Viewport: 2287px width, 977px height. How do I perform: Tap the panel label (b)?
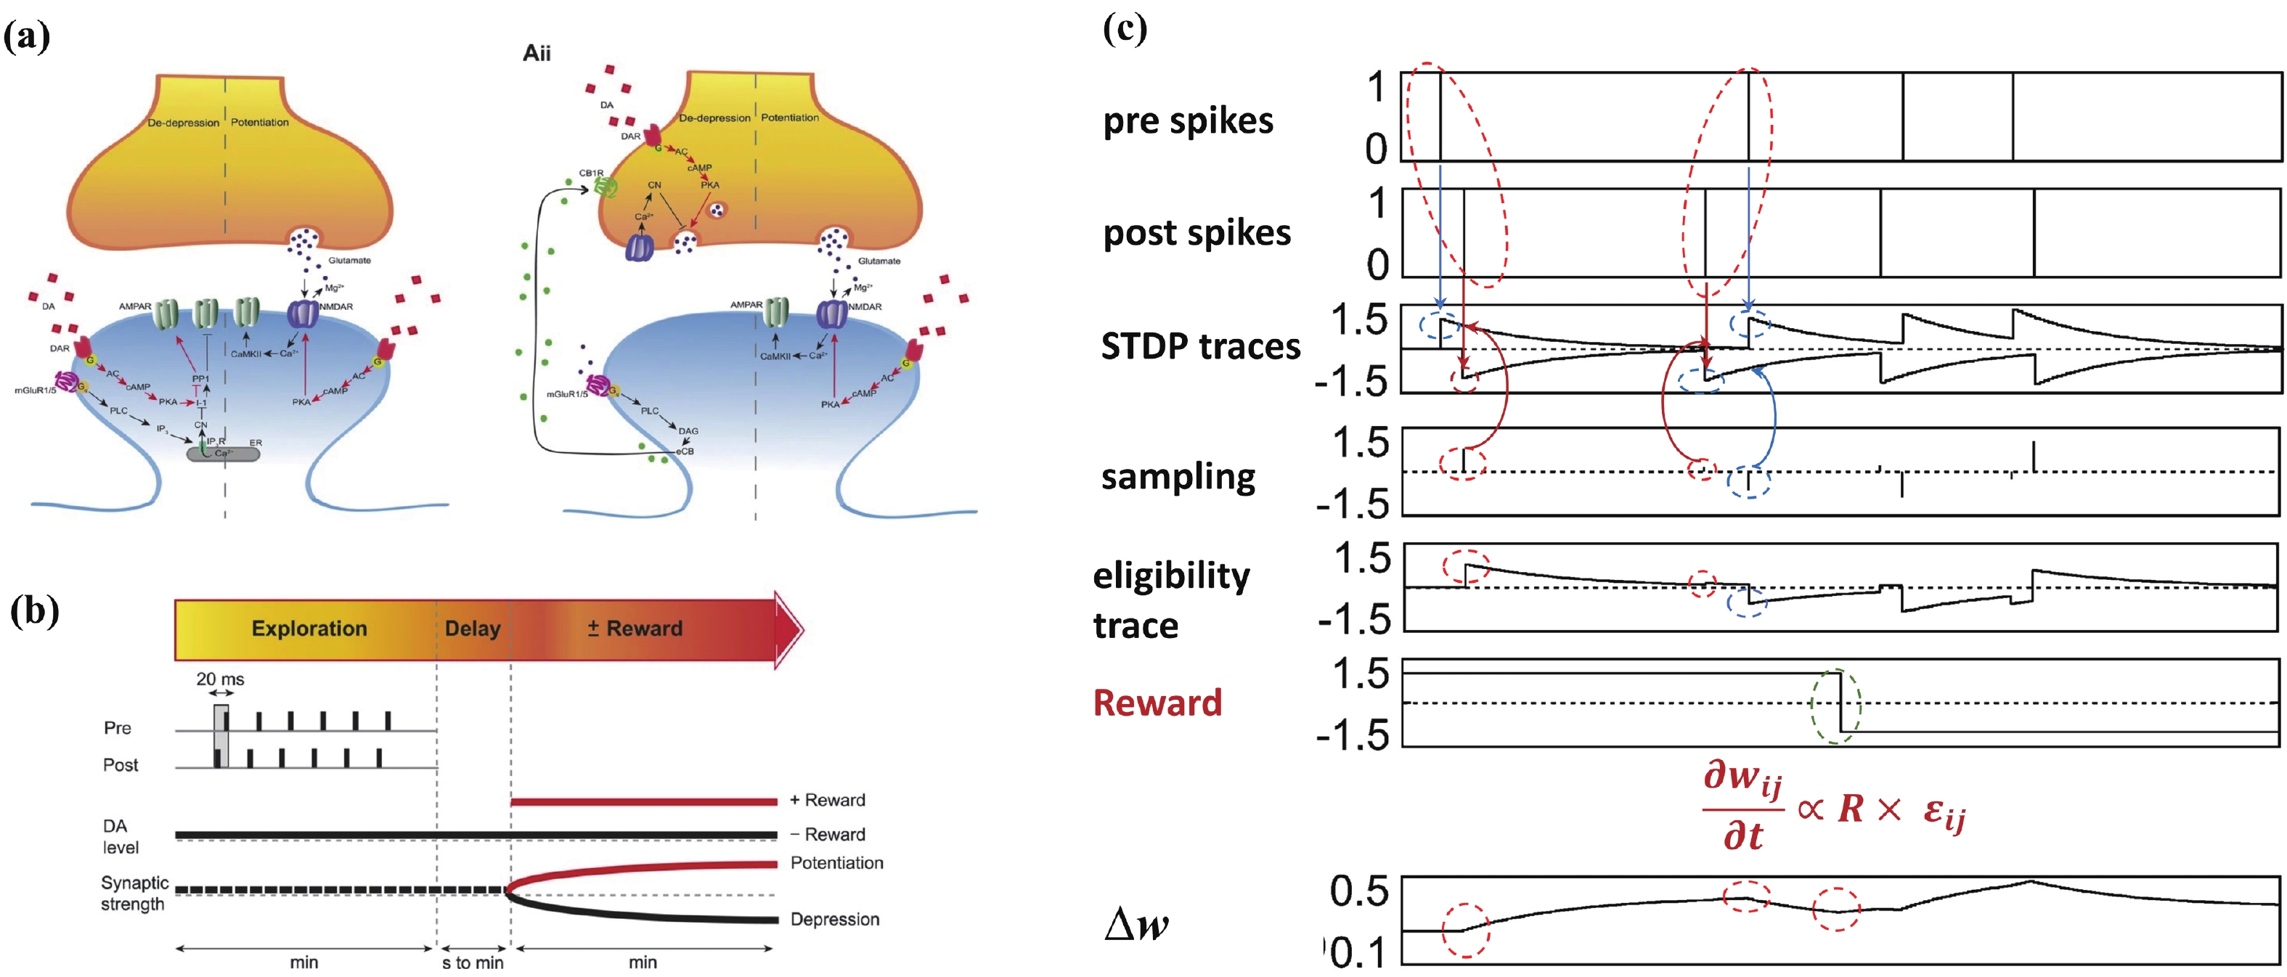pos(33,613)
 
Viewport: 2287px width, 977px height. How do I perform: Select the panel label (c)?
pos(1124,29)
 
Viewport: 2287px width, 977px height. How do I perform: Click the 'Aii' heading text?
pos(537,53)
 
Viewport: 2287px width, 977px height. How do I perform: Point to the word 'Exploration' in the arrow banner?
pos(309,629)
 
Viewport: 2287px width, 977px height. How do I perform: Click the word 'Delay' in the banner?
pos(473,629)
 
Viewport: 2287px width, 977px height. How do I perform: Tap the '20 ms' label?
pos(220,679)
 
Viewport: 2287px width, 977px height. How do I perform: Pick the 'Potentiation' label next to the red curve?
pos(836,862)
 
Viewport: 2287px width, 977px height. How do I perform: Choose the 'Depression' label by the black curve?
pos(834,920)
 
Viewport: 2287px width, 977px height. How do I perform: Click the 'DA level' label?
pos(120,837)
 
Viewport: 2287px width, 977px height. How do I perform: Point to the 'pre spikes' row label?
pos(1188,121)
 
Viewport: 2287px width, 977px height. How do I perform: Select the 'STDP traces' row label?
pos(1200,346)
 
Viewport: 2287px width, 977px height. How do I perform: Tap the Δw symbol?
pos(1136,925)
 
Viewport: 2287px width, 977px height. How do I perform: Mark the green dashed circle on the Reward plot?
pos(1836,706)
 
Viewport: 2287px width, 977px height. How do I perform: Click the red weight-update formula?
pos(1833,807)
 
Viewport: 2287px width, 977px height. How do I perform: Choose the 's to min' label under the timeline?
pos(473,962)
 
